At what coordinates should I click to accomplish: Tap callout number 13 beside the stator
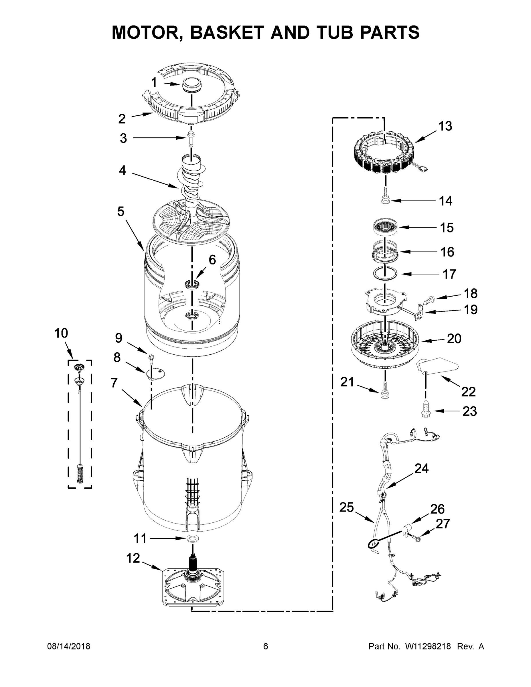point(445,126)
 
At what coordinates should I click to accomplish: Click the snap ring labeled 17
point(385,273)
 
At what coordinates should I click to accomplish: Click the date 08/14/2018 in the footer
point(69,646)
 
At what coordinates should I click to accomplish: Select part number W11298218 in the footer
point(428,646)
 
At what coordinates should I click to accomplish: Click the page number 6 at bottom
point(266,646)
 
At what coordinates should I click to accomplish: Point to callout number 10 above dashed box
point(61,333)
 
